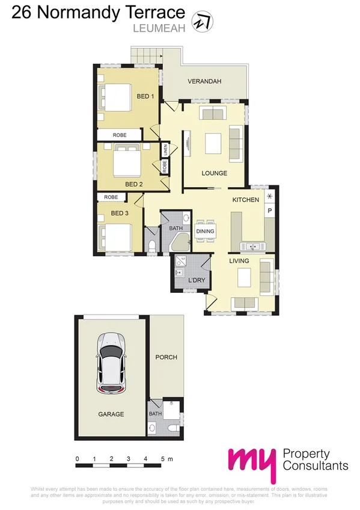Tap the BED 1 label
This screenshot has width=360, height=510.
click(145, 96)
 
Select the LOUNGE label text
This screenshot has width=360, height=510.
click(214, 174)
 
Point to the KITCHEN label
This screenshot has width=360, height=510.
click(246, 200)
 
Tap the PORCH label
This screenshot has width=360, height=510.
click(166, 357)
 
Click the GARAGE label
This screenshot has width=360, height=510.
click(111, 414)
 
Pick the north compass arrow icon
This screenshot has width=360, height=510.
click(199, 22)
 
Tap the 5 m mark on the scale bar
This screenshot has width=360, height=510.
click(163, 459)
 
